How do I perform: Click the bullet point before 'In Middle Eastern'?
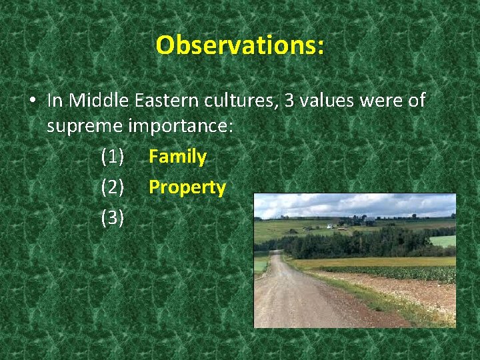tap(32, 101)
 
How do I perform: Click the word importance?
tap(179, 127)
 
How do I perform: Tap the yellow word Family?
tap(177, 157)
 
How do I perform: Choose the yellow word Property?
tap(187, 187)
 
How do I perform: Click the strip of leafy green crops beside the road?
tap(400, 273)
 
